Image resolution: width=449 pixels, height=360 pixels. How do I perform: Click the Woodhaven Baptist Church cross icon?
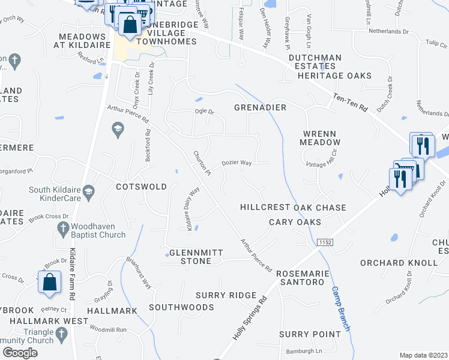(x=62, y=228)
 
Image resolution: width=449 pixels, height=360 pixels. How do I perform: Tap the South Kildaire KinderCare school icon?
(x=89, y=192)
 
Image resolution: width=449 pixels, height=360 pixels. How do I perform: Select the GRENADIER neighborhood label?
(x=260, y=107)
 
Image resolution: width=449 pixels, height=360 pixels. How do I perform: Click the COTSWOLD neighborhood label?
(x=142, y=187)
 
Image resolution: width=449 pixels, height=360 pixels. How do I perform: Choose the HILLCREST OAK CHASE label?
(x=293, y=208)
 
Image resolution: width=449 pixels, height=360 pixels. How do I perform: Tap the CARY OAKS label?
(x=296, y=223)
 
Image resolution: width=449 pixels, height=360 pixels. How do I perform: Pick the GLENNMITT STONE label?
(x=190, y=257)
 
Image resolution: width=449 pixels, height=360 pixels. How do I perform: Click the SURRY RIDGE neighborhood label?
(x=226, y=296)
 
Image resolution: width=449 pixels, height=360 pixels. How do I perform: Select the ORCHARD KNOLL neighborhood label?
(x=399, y=263)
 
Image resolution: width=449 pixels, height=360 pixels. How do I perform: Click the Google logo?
(x=20, y=353)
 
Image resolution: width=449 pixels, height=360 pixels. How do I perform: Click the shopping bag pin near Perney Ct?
(x=50, y=283)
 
